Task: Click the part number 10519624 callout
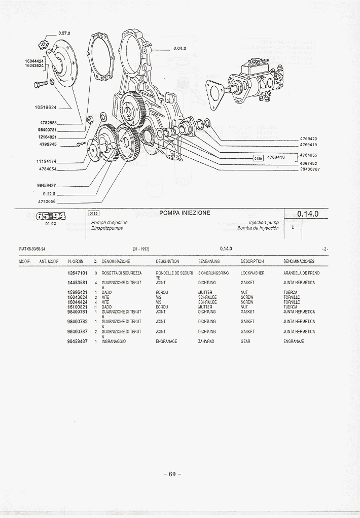(x=46, y=108)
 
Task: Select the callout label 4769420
(x=308, y=139)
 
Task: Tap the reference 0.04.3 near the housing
(x=179, y=49)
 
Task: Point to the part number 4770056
(x=47, y=201)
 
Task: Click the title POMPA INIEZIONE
(x=185, y=213)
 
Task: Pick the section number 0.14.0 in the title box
(x=307, y=214)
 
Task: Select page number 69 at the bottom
(x=172, y=474)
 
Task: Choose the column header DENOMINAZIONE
(x=116, y=261)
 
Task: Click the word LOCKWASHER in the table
(x=252, y=273)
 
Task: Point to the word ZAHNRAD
(x=205, y=341)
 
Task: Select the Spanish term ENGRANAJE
(x=294, y=341)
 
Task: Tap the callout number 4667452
(x=308, y=163)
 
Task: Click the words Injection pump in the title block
(x=264, y=222)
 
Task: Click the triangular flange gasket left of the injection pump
(x=215, y=92)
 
